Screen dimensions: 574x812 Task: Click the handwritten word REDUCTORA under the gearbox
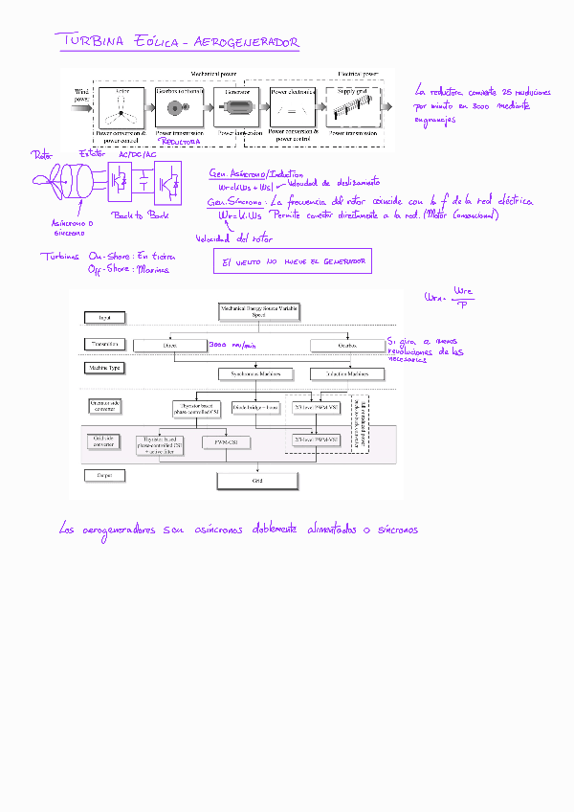[x=179, y=141]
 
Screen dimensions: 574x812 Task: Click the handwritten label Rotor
[x=42, y=154]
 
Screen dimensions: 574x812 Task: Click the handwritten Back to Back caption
[x=141, y=215]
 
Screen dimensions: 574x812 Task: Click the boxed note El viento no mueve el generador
[x=293, y=261]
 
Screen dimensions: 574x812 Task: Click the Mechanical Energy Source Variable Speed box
[x=257, y=310]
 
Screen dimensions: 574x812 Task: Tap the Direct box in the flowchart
[x=170, y=345]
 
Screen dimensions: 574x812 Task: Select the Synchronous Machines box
[x=252, y=373]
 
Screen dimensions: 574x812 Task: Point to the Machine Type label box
[x=104, y=369]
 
